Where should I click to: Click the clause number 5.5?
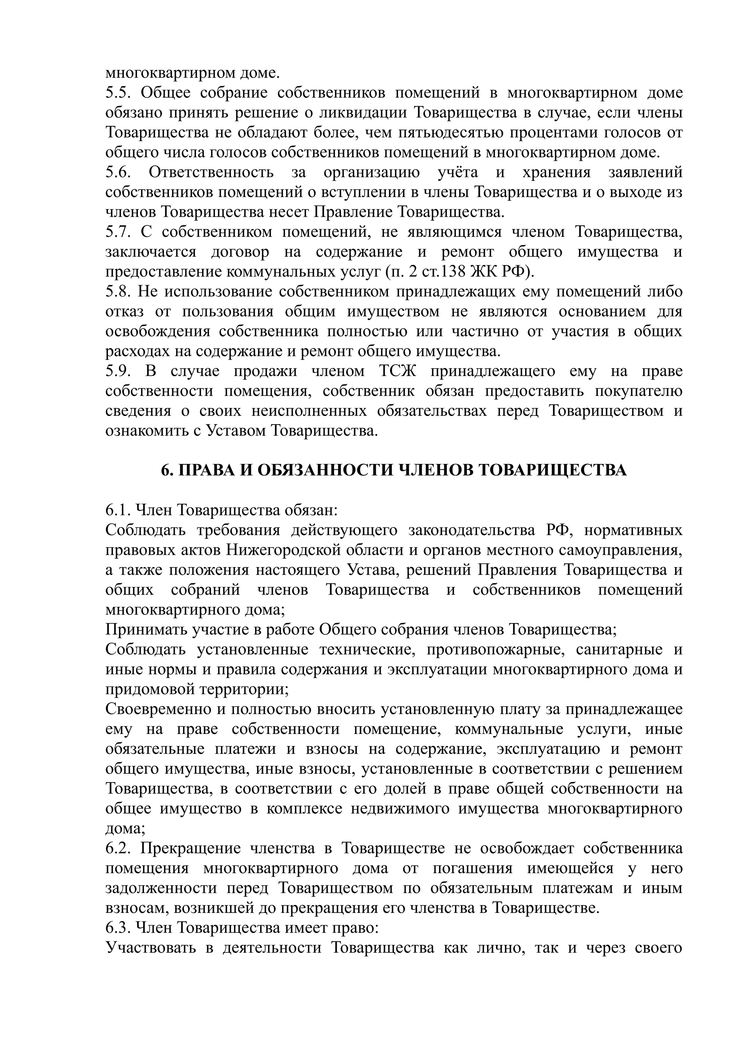coord(118,93)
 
